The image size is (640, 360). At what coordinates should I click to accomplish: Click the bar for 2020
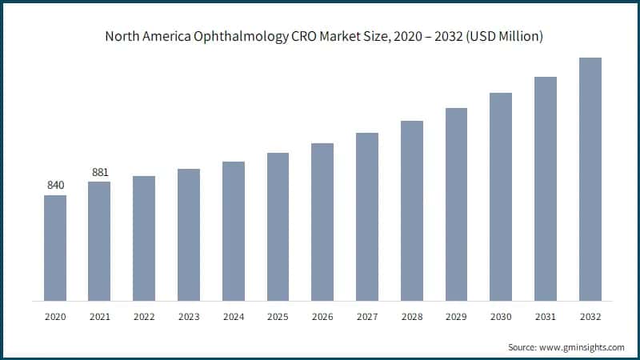click(x=55, y=247)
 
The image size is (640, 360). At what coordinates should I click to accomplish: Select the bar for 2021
click(x=99, y=241)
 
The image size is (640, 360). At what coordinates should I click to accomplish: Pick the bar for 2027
click(x=367, y=216)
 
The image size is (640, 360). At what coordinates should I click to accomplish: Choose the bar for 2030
click(x=501, y=196)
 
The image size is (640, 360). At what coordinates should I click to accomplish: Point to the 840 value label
click(x=55, y=186)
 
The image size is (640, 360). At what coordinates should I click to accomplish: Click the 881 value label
click(x=99, y=172)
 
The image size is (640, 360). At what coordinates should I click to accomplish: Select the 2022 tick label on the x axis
click(x=144, y=317)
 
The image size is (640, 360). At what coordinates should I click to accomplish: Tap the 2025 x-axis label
click(x=278, y=317)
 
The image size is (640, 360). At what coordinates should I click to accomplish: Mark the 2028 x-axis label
click(x=412, y=317)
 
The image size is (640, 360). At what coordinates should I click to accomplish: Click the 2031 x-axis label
click(x=546, y=317)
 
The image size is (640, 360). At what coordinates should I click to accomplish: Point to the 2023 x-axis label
click(x=189, y=317)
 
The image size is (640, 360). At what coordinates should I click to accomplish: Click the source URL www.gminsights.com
click(x=582, y=347)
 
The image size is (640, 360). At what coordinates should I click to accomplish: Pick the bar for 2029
click(x=456, y=204)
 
